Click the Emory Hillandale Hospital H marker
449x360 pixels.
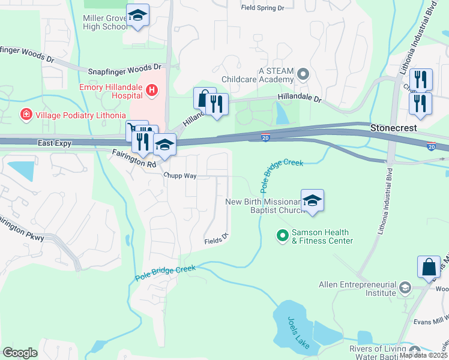[152, 91]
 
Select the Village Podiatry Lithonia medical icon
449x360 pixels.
[25, 114]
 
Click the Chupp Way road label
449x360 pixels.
[181, 176]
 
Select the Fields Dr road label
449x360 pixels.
[217, 238]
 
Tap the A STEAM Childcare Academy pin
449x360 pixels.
[303, 75]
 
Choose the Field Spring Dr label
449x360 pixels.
[262, 8]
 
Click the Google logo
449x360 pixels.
[20, 352]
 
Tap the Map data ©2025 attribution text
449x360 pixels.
[424, 355]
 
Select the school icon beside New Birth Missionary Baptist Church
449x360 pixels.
[312, 200]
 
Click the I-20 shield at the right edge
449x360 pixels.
[431, 146]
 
